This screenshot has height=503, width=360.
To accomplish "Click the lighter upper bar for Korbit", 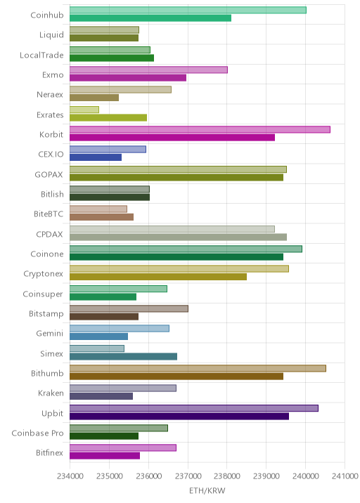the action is tap(200, 129).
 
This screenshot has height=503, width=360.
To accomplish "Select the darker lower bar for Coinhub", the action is tap(150, 18).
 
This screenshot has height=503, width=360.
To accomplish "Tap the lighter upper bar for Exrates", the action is tap(84, 110).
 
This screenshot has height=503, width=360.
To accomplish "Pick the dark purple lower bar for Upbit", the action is tap(179, 416).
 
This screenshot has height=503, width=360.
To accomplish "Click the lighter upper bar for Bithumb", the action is tap(198, 368).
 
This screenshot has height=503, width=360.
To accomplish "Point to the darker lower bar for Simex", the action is tap(123, 356).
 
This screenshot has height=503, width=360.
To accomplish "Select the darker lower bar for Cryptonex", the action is tap(158, 277).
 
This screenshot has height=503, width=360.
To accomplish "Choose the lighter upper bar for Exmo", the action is tap(148, 70).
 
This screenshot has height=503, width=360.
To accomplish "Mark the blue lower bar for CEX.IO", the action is tap(96, 157).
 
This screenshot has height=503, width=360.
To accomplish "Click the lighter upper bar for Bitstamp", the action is tap(129, 308).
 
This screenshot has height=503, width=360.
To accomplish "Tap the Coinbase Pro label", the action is tap(37, 433).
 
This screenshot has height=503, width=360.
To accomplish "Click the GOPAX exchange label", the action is tap(49, 174).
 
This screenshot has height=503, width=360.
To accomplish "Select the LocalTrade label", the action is tap(41, 55).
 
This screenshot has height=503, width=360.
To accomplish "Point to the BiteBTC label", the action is tap(49, 214).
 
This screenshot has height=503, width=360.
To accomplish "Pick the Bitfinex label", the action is tap(49, 452).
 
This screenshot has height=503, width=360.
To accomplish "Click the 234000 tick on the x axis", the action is tap(70, 476).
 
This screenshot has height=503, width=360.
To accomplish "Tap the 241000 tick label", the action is tap(345, 476).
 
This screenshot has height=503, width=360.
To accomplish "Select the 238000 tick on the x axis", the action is tap(226, 476).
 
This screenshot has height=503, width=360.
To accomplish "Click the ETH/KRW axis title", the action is tap(207, 491).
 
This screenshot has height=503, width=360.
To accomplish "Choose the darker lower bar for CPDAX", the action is tap(178, 237).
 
